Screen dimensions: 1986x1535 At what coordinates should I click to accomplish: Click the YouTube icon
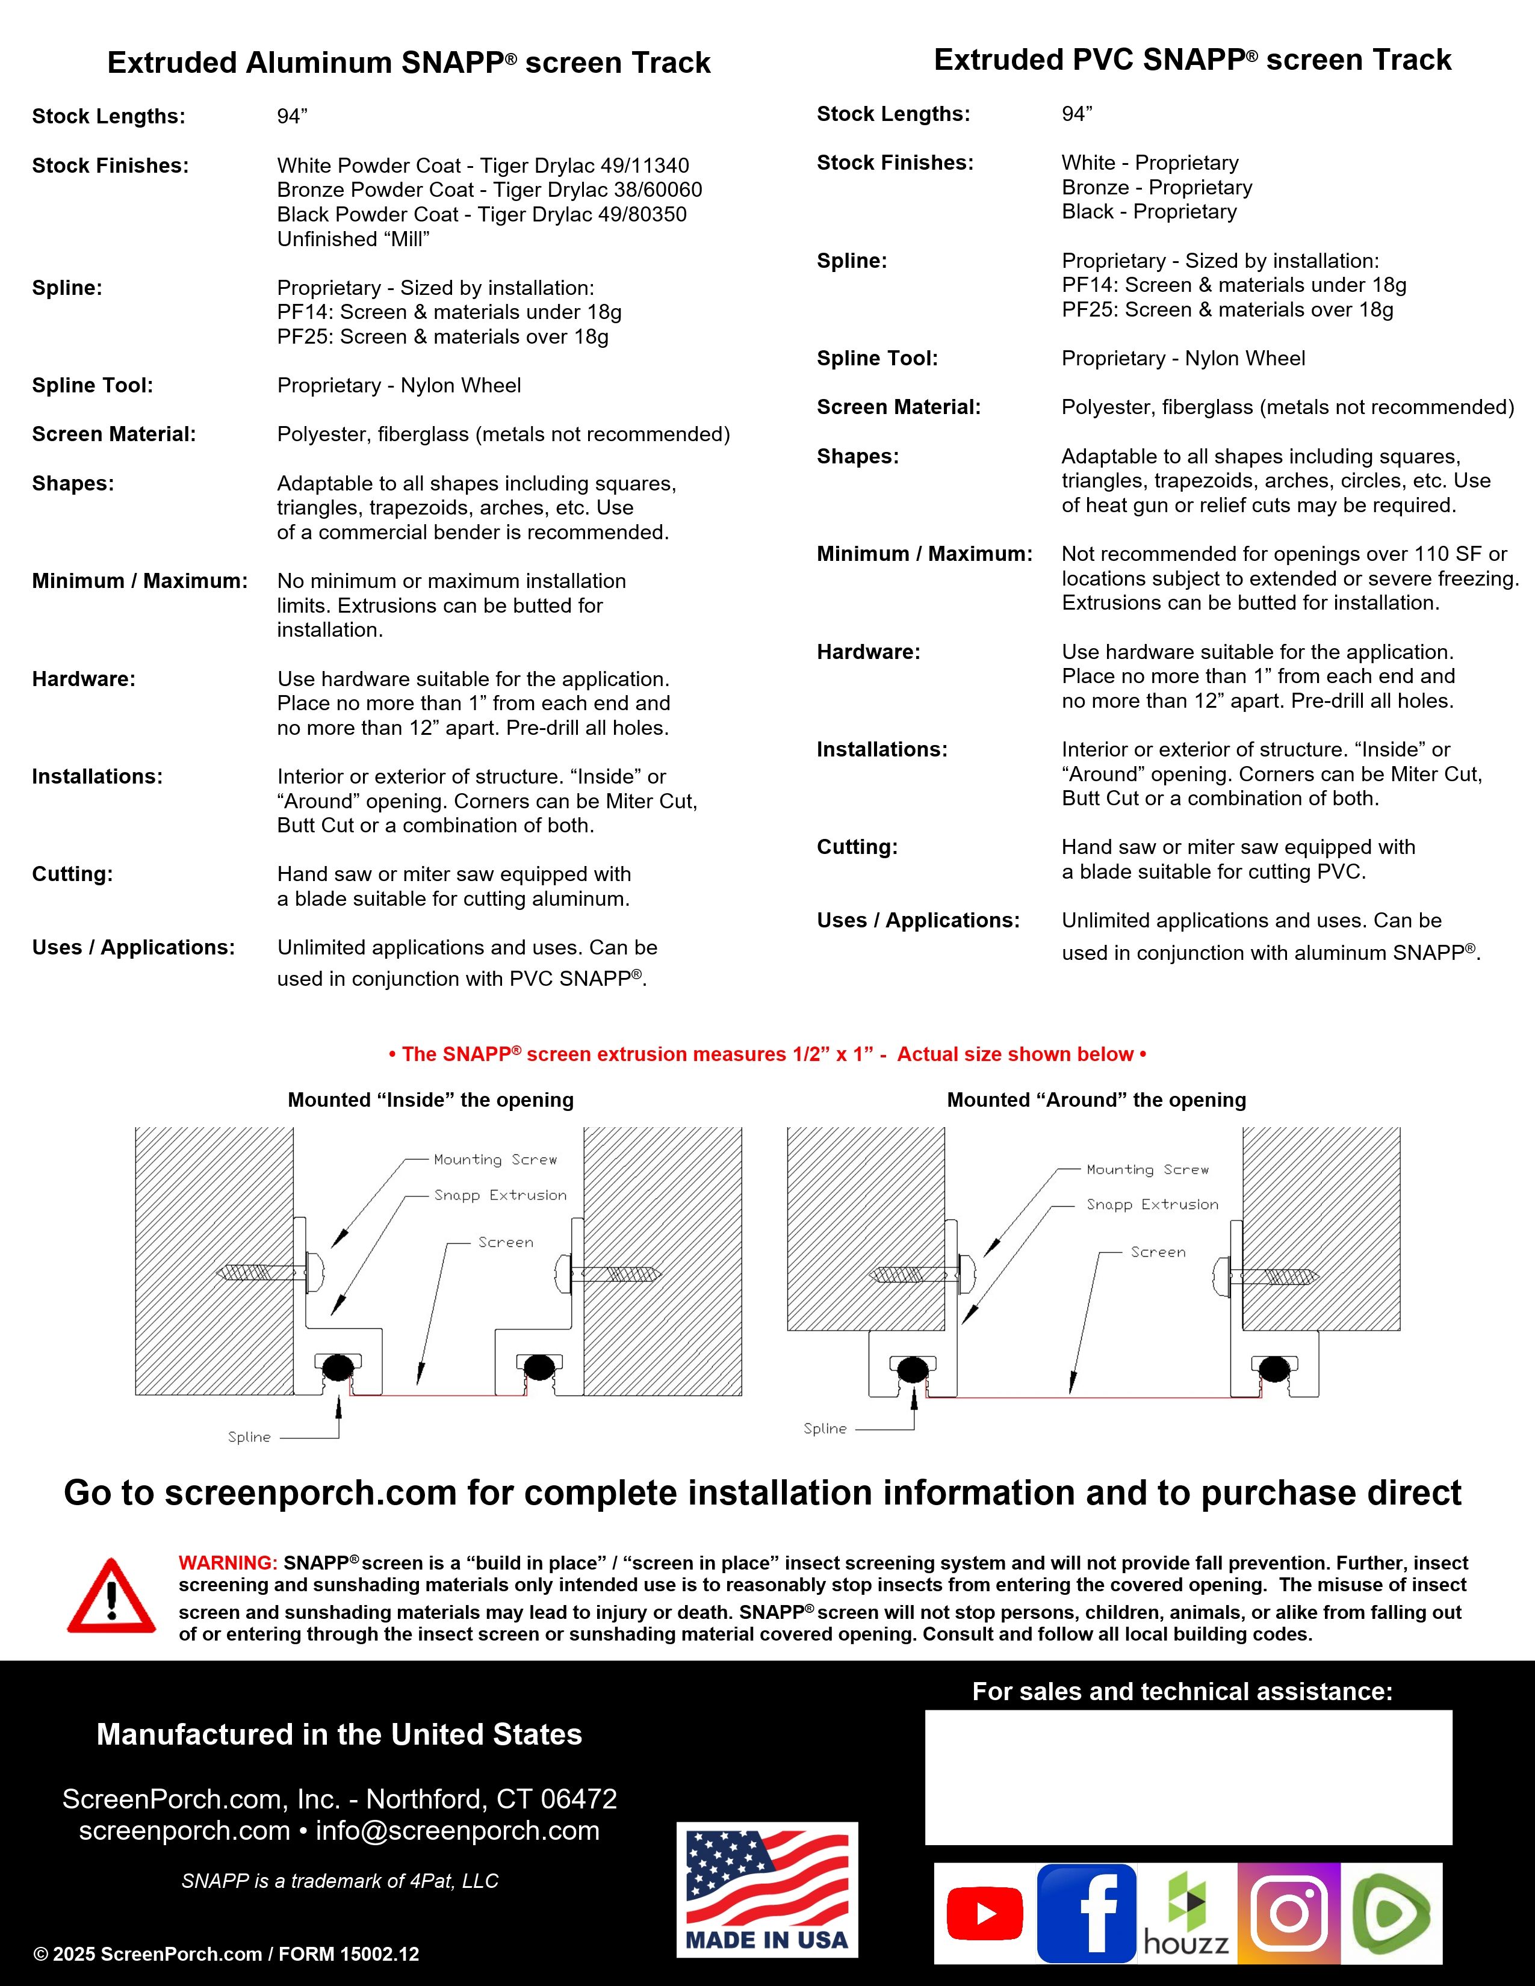pyautogui.click(x=984, y=1913)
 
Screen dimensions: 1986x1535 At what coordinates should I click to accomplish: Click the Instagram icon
pyautogui.click(x=1289, y=1913)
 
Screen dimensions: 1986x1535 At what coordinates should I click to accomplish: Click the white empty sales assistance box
pyautogui.click(x=1188, y=1777)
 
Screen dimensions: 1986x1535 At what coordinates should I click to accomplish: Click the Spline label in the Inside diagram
pyautogui.click(x=249, y=1437)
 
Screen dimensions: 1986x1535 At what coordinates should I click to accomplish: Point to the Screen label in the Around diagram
pyautogui.click(x=1158, y=1252)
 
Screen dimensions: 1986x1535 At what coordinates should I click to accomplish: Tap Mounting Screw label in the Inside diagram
pyautogui.click(x=495, y=1160)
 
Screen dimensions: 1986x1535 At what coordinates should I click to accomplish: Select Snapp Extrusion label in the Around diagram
pyautogui.click(x=1152, y=1204)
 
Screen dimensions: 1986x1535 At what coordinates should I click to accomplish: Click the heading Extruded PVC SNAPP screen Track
pyautogui.click(x=1192, y=60)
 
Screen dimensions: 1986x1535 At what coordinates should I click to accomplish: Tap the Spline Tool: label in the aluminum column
pyautogui.click(x=93, y=386)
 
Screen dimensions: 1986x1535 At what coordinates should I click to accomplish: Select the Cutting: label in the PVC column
pyautogui.click(x=857, y=847)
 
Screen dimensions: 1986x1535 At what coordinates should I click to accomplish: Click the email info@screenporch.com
pyautogui.click(x=457, y=1831)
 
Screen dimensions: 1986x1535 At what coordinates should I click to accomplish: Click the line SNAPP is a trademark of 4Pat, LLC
pyautogui.click(x=340, y=1881)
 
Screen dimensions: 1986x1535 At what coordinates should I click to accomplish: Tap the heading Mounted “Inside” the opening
pyautogui.click(x=430, y=1100)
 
